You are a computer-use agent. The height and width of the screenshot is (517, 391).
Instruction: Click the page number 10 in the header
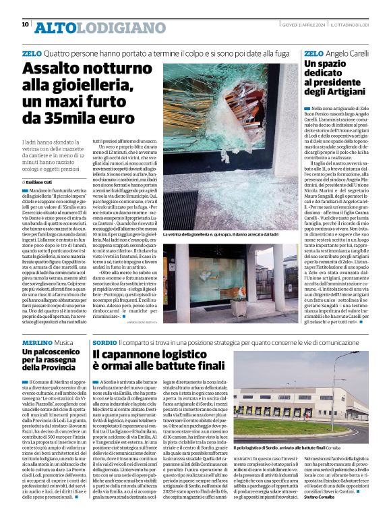(x=25, y=25)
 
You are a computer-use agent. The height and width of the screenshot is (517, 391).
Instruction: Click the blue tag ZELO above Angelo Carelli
(x=313, y=53)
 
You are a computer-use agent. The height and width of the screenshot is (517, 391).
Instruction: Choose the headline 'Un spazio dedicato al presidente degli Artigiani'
(x=337, y=77)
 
